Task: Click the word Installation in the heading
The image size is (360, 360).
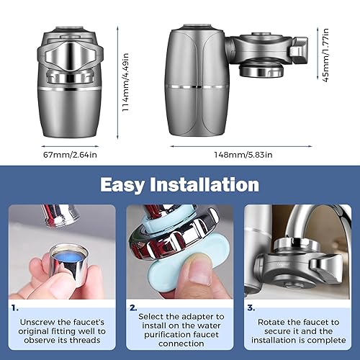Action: pyautogui.click(x=212, y=184)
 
